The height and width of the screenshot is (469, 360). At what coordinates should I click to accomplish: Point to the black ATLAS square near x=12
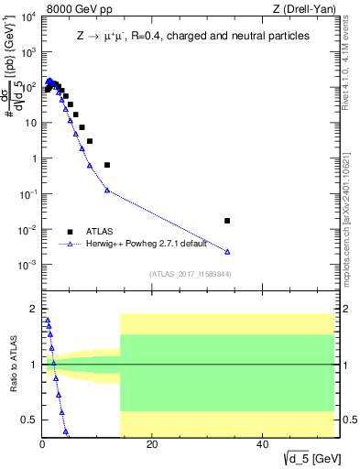click(x=107, y=165)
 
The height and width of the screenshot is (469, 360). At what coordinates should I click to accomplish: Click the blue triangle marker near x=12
click(x=107, y=191)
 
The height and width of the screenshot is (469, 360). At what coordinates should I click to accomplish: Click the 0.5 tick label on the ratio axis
click(x=28, y=420)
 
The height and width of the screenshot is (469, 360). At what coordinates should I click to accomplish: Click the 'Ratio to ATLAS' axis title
click(x=11, y=364)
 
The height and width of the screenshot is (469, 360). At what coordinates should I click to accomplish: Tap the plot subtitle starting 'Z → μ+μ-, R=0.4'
click(x=192, y=35)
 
